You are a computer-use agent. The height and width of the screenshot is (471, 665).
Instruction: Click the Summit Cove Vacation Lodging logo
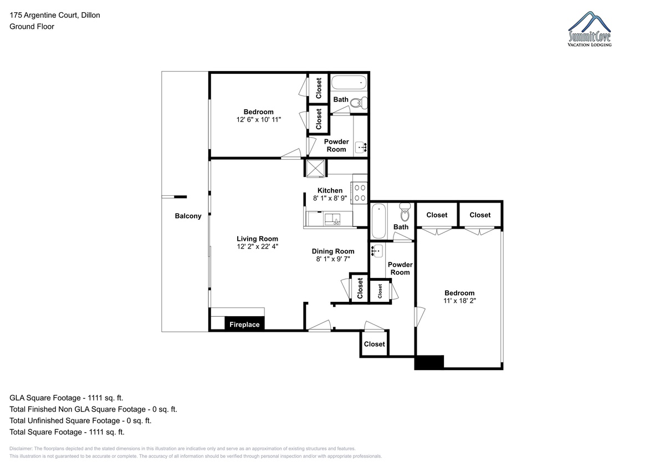click(590, 29)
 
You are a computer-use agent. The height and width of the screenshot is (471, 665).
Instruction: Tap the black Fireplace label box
click(244, 323)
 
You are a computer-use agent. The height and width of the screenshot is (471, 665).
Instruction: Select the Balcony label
click(188, 216)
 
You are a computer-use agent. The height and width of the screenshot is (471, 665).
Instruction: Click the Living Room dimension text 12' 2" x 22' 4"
click(257, 246)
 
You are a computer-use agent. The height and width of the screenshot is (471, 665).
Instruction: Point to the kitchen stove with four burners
click(360, 193)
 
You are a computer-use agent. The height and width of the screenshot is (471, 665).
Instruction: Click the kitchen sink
click(332, 219)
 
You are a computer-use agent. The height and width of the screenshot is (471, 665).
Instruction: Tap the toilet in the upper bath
click(359, 103)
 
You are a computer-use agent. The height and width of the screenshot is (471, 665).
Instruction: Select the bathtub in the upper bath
click(349, 82)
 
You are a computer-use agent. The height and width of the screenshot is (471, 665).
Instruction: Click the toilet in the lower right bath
click(405, 212)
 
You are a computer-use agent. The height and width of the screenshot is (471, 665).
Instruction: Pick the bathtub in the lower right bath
click(378, 221)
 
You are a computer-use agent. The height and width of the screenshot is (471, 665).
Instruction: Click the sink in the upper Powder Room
click(361, 147)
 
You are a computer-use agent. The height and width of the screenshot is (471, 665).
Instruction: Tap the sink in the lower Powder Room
click(377, 251)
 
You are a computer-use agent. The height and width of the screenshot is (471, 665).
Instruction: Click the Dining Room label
click(333, 251)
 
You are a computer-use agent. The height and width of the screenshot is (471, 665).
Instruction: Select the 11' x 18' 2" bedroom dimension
click(459, 301)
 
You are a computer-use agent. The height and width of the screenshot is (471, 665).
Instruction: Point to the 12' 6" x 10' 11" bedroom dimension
click(259, 119)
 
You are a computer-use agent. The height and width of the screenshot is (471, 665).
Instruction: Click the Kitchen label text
click(330, 190)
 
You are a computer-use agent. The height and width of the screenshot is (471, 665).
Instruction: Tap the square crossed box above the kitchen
click(315, 169)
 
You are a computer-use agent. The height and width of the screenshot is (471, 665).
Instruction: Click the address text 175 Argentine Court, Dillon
click(55, 15)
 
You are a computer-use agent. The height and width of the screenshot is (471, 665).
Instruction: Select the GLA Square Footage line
click(66, 398)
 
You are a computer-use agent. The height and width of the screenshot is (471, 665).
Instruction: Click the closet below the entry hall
click(375, 344)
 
